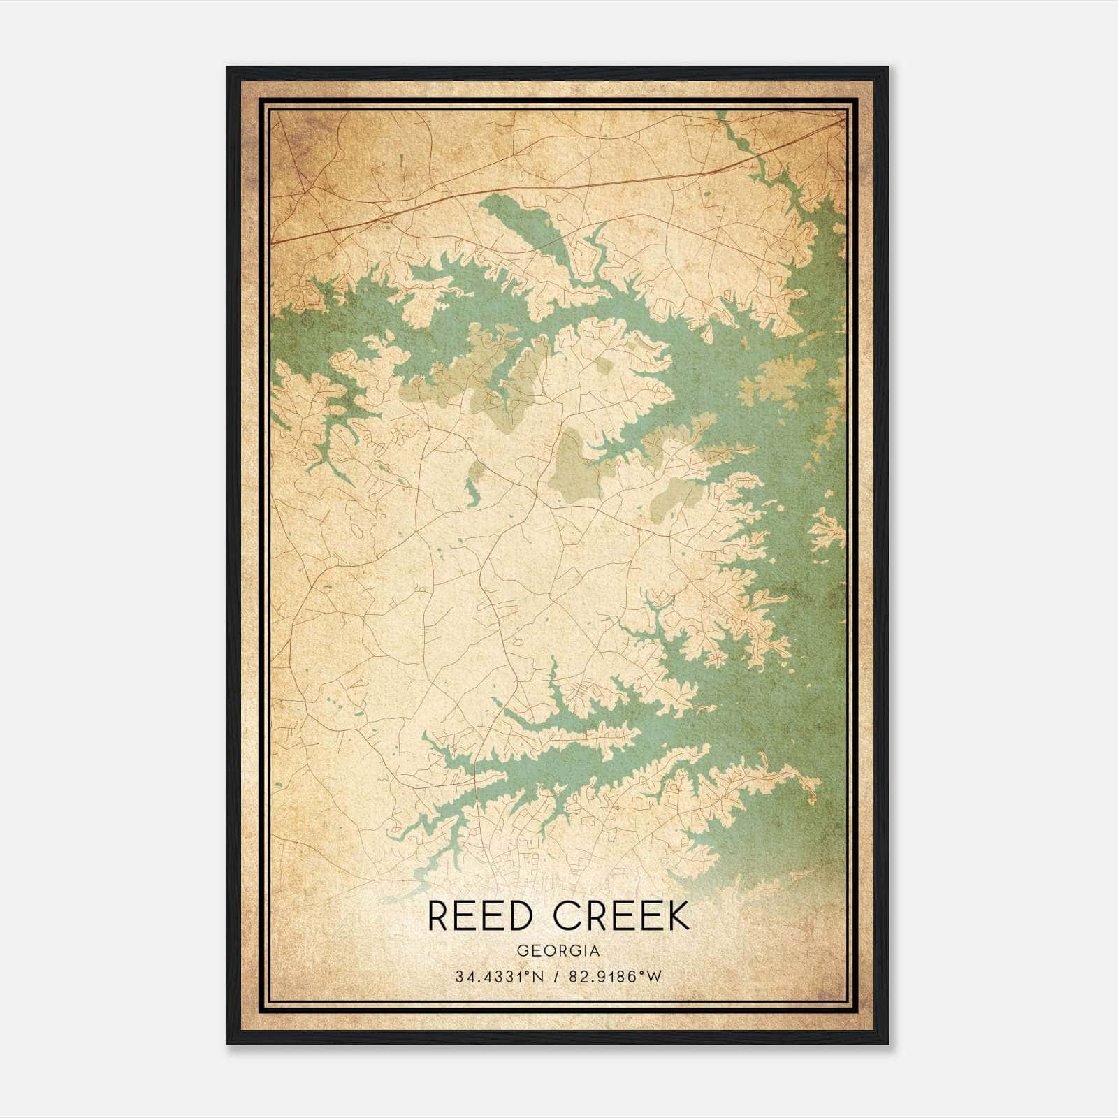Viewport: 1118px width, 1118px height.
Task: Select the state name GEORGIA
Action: tap(558, 950)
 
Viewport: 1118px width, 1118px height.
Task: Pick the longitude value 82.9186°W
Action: tap(615, 977)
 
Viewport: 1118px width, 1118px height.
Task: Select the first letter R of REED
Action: tap(438, 916)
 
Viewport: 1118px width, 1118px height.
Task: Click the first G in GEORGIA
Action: tap(522, 950)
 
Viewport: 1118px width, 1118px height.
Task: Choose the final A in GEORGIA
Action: tap(594, 950)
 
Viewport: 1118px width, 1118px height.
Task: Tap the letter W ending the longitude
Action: tap(653, 977)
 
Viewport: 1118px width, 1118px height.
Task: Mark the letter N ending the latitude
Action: tap(537, 977)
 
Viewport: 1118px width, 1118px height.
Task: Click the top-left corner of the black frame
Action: tap(228, 68)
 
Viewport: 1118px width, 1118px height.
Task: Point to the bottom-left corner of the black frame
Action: tap(228, 1043)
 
